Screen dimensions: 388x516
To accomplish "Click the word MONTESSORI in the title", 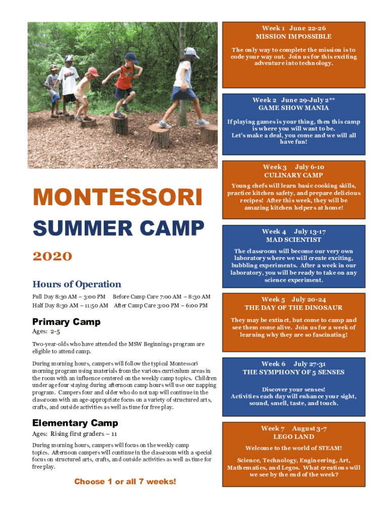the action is [x=117, y=197].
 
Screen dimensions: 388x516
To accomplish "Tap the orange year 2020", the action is [x=52, y=256].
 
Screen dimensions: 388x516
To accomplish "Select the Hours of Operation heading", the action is [x=77, y=284].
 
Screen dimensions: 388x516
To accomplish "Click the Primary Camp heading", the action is [x=66, y=321].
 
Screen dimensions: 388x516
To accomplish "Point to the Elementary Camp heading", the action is [x=75, y=423].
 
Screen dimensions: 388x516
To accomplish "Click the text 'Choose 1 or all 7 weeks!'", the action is [x=125, y=481].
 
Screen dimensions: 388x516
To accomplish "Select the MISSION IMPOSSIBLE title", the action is [x=294, y=36].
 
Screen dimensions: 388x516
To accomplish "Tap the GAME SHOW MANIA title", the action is [x=294, y=108].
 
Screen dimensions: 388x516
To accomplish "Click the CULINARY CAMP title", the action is [x=294, y=175].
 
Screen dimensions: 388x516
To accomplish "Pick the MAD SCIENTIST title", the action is [x=294, y=239].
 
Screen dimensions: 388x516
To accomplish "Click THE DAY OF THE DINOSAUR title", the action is [x=294, y=307].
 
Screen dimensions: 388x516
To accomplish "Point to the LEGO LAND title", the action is [x=294, y=437].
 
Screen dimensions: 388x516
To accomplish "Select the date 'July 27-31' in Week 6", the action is [x=310, y=364].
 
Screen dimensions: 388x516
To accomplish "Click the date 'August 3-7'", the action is [x=309, y=428].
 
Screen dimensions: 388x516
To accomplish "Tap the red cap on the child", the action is [x=93, y=72].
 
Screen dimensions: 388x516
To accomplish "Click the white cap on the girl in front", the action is [x=191, y=52].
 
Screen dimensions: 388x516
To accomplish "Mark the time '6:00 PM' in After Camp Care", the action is [x=197, y=305].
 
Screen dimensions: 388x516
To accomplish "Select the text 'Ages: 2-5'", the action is [x=46, y=332].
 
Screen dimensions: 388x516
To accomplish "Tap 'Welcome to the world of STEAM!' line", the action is [x=294, y=448].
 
